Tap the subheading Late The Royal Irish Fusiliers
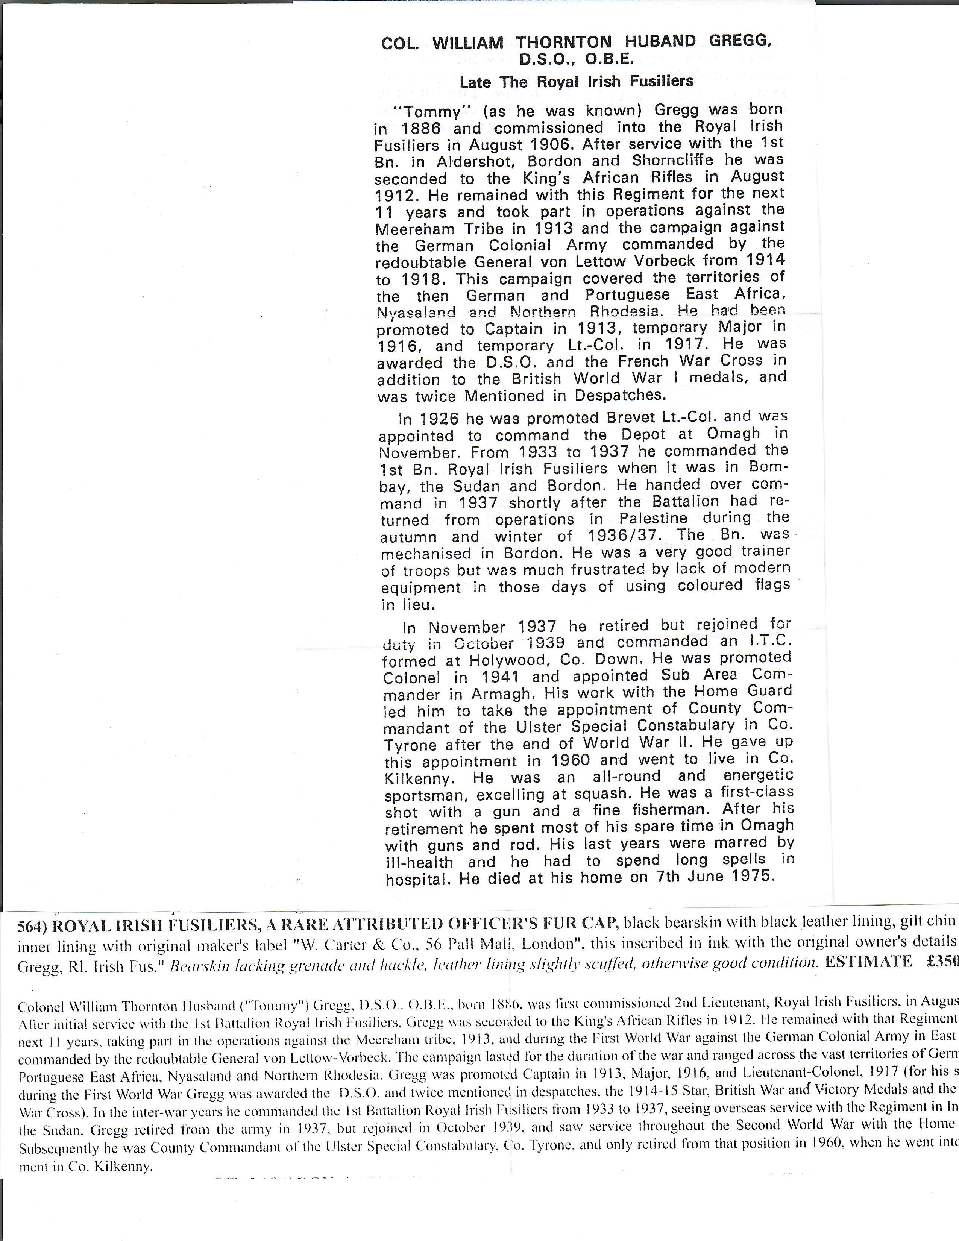(576, 82)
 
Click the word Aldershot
(474, 161)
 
